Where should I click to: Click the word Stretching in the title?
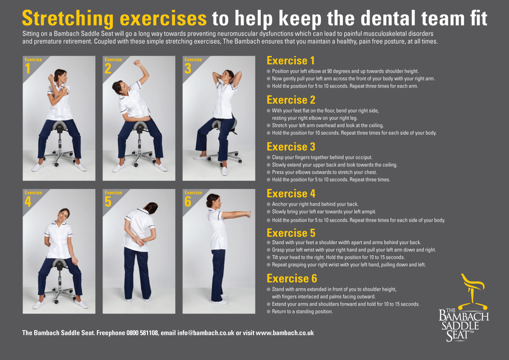68,18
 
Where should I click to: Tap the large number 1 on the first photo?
28,68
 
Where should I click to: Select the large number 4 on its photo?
28,201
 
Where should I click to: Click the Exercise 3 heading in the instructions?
291,147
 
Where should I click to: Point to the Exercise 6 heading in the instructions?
291,278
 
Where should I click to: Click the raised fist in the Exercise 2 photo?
137,63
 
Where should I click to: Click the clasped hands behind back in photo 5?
138,241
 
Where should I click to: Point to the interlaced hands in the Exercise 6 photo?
248,214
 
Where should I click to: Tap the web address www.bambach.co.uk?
285,333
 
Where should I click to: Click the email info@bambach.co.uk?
206,333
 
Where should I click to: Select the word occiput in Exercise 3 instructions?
363,157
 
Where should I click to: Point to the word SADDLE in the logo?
460,326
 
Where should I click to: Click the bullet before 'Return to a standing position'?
268,312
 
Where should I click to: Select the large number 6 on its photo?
188,201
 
